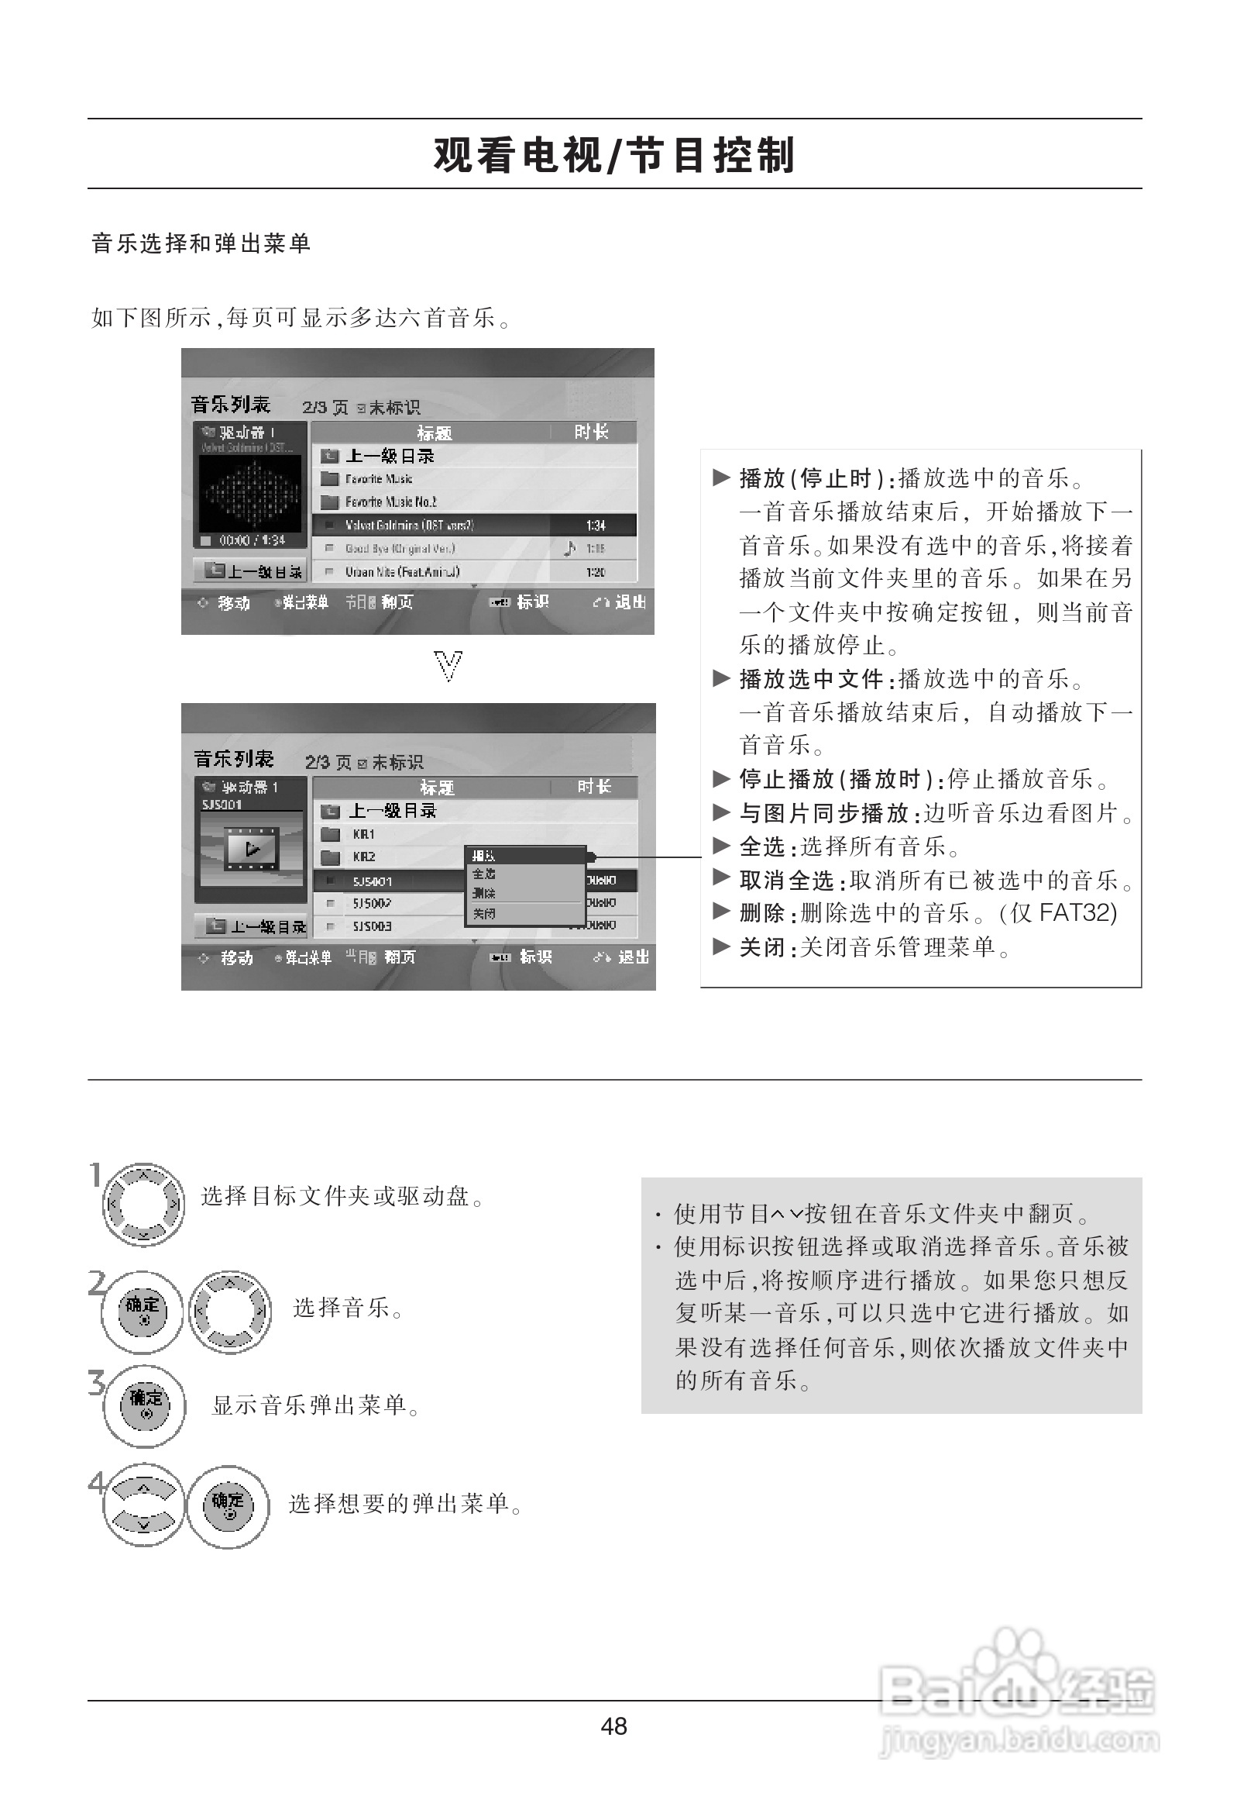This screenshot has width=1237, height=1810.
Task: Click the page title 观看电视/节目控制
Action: (614, 155)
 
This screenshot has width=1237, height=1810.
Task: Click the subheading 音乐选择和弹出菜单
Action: (201, 243)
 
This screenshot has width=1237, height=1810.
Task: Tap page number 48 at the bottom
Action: (613, 1726)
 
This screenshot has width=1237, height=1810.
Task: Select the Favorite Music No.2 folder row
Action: (391, 502)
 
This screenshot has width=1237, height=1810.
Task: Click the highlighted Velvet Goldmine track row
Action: (473, 526)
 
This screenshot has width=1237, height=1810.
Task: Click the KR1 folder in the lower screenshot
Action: (363, 834)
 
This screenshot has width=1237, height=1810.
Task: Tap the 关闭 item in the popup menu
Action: (484, 914)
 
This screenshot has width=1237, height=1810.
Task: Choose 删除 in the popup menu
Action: (484, 893)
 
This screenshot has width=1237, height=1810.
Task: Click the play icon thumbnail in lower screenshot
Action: (252, 848)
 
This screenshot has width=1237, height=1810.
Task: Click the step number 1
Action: (96, 1174)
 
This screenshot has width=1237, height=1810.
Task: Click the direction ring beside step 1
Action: (144, 1204)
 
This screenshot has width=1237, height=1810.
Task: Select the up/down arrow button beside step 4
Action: (143, 1503)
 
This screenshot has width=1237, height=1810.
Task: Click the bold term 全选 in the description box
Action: (761, 846)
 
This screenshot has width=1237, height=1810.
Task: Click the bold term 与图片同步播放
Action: (823, 813)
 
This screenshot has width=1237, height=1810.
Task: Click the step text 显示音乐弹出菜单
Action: (310, 1405)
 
